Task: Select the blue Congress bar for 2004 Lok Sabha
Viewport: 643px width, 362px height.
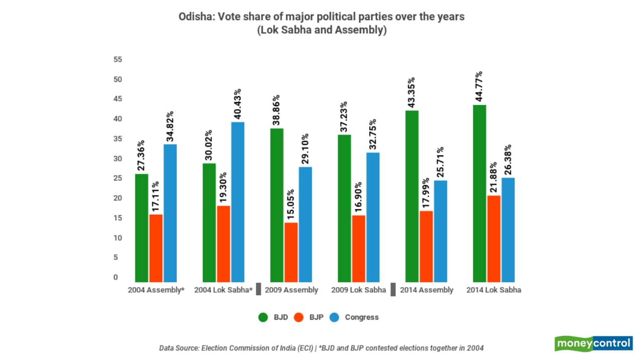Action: pos(238,202)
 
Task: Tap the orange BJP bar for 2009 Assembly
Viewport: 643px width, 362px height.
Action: pos(291,252)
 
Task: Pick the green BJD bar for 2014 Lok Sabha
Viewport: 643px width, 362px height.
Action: pos(480,193)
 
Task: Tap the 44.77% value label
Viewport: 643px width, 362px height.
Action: pos(480,86)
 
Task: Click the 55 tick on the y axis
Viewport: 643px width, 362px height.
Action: pos(118,59)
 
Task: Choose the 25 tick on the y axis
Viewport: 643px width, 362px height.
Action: pos(118,178)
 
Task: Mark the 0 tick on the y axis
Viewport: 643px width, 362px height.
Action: pos(116,277)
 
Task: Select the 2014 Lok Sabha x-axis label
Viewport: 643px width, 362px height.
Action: pos(493,290)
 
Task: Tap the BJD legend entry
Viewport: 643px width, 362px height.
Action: pos(273,317)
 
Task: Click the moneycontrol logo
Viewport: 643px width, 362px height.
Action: pos(593,344)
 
